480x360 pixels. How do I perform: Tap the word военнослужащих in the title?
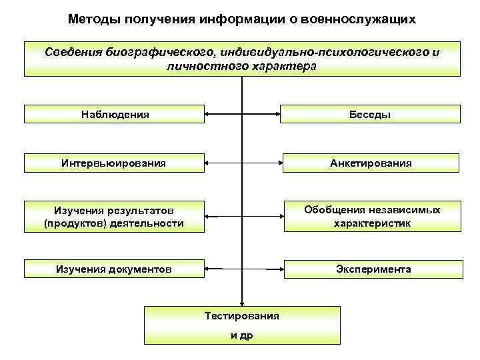358,19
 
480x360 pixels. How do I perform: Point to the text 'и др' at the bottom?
241,335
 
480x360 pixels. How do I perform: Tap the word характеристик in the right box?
372,223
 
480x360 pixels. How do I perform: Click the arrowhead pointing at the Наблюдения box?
207,114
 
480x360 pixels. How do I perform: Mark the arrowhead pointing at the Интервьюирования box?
207,162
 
